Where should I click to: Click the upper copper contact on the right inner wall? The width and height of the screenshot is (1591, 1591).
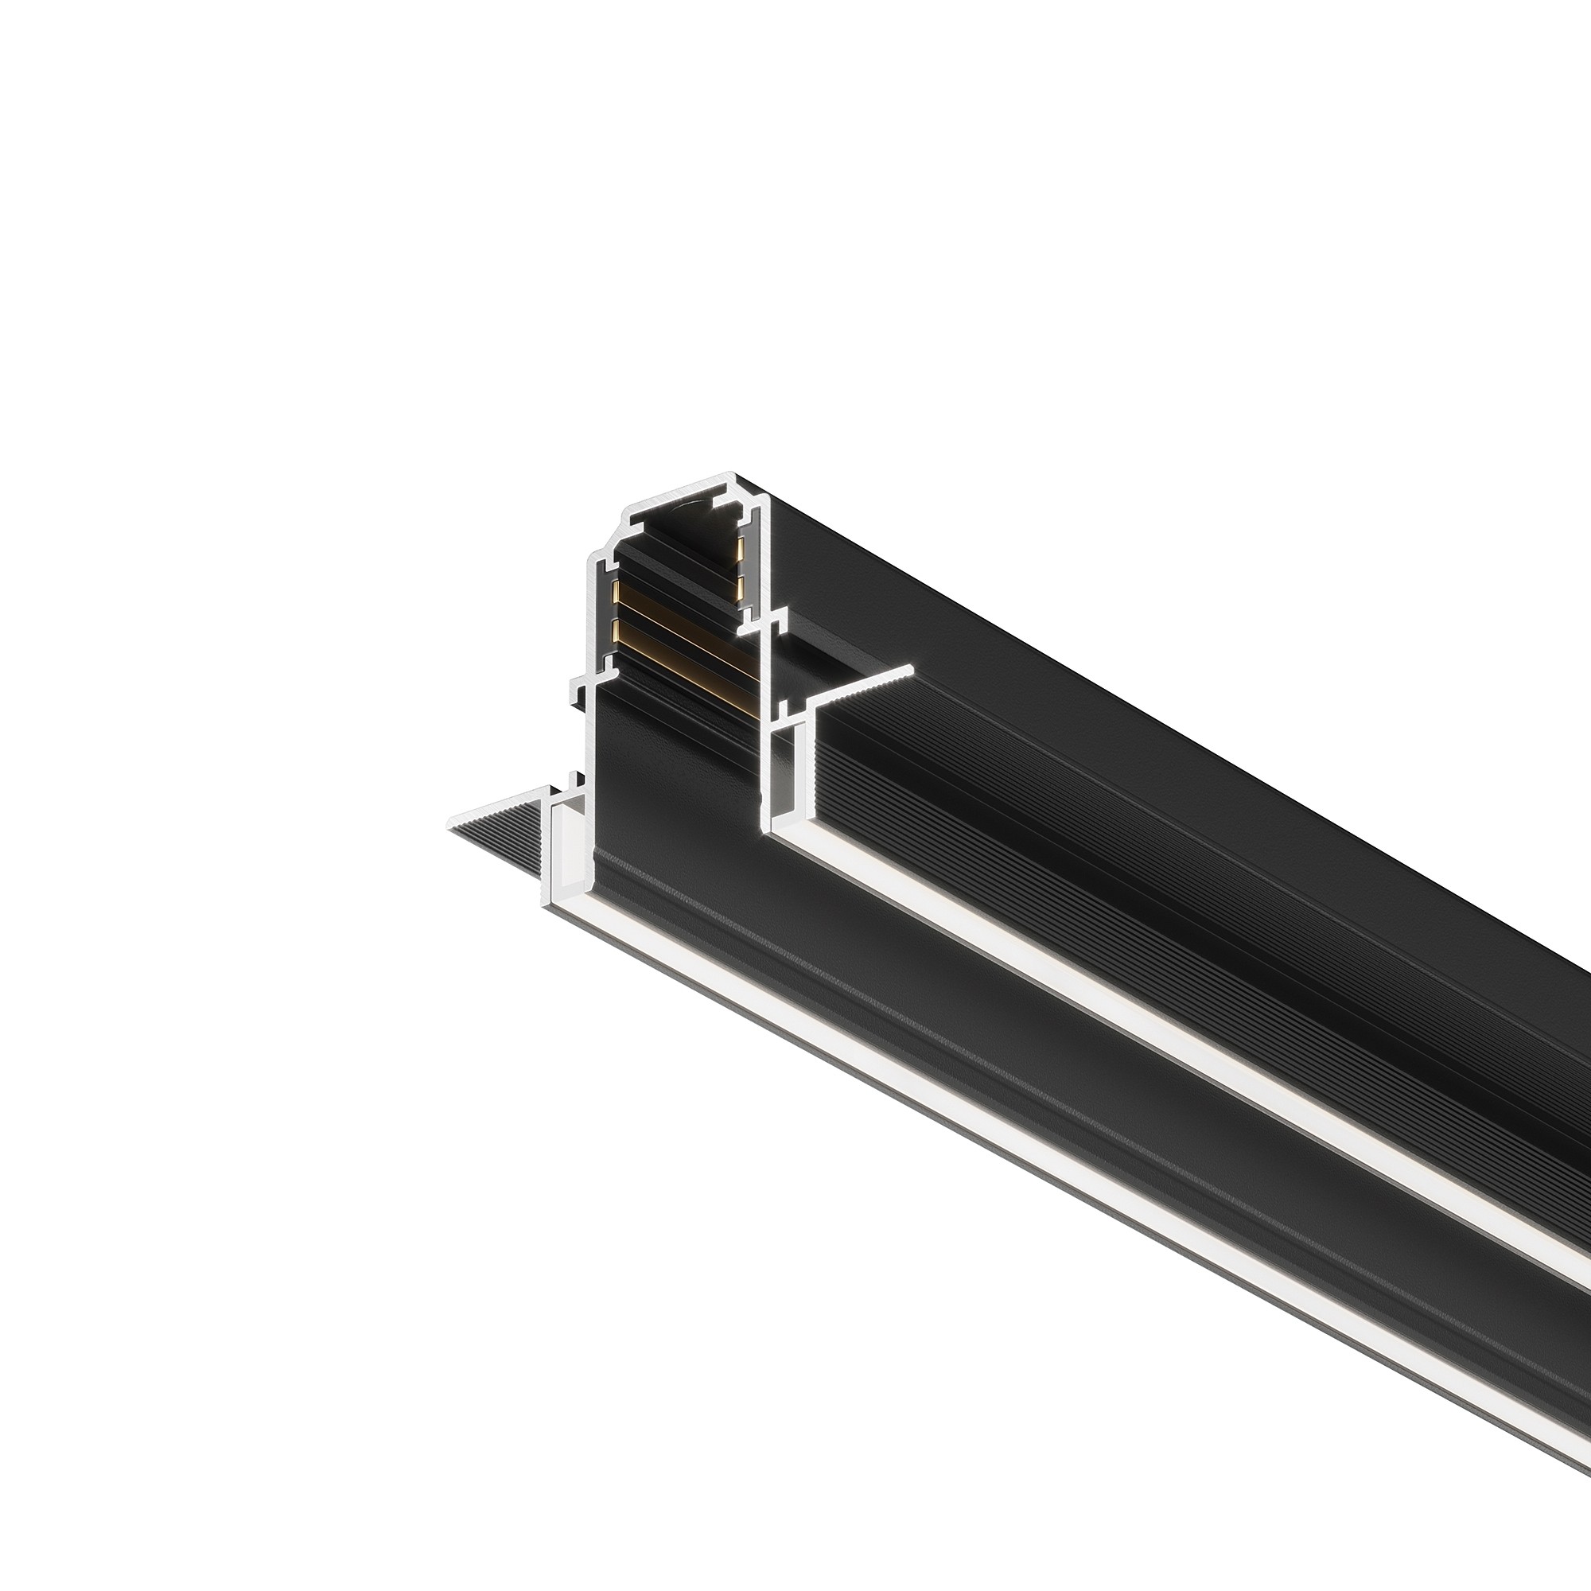pos(741,547)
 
